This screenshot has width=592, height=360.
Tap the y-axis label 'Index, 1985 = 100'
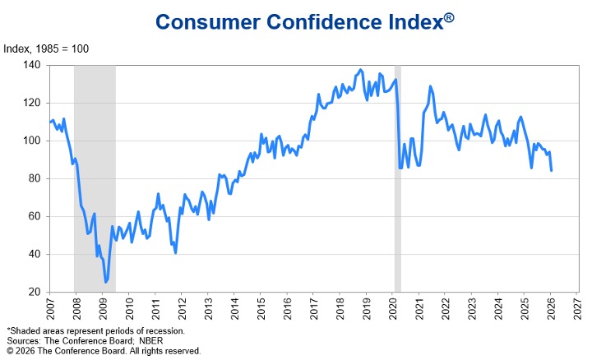(x=48, y=48)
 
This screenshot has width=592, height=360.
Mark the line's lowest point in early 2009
(x=106, y=282)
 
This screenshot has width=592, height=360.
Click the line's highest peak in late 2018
(x=361, y=70)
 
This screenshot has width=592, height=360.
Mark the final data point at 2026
(x=551, y=170)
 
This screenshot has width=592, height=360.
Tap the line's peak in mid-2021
(x=430, y=86)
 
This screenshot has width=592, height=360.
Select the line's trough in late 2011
(x=175, y=252)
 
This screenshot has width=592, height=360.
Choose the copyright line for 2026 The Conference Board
(x=103, y=351)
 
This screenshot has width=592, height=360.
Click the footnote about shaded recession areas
(x=96, y=330)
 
